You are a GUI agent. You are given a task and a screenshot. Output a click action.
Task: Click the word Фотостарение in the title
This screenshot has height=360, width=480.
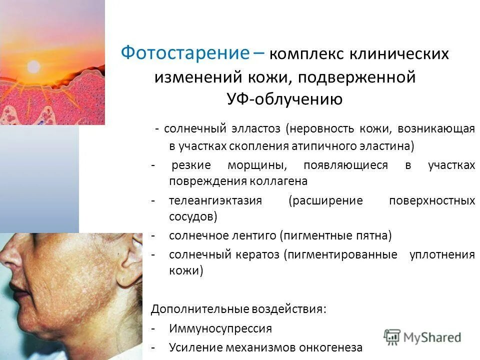click(x=185, y=53)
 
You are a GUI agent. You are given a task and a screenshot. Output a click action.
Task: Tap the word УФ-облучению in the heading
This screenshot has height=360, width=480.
click(x=284, y=99)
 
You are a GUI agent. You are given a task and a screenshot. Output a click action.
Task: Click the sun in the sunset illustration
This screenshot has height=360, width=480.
click(x=33, y=66)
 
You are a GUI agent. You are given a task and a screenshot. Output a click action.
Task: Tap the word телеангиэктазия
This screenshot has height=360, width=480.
click(x=215, y=201)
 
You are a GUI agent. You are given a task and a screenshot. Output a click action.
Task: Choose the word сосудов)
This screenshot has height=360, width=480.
click(x=193, y=216)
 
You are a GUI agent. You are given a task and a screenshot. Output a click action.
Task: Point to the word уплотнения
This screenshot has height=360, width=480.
click(x=442, y=254)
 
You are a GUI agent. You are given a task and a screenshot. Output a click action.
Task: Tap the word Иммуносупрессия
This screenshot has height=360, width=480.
click(x=220, y=328)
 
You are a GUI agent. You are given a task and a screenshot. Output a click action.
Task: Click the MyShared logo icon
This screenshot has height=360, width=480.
click(x=392, y=337)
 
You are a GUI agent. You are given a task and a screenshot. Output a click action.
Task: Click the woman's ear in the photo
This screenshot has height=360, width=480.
click(x=134, y=250)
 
